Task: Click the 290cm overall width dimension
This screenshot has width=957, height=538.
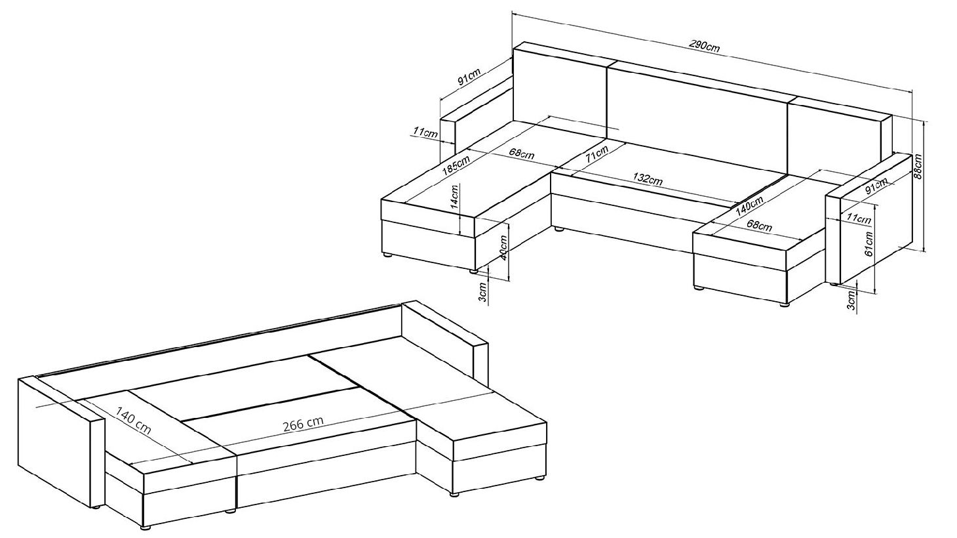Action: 704,46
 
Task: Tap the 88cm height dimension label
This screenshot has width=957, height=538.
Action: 917,166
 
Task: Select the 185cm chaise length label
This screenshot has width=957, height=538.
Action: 456,165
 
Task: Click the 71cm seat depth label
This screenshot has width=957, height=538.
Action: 597,154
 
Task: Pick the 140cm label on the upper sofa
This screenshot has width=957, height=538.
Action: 749,206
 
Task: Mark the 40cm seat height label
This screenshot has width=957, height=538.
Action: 504,249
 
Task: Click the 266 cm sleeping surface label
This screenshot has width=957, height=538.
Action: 303,423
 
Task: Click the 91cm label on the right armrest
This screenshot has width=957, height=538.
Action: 876,186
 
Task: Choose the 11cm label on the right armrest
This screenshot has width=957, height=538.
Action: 858,218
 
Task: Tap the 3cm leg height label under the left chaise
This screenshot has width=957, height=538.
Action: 482,292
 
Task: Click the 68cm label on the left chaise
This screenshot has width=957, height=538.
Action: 522,153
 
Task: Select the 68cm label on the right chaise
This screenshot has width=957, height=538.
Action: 759,224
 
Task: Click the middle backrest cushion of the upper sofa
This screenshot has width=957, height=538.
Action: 697,115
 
